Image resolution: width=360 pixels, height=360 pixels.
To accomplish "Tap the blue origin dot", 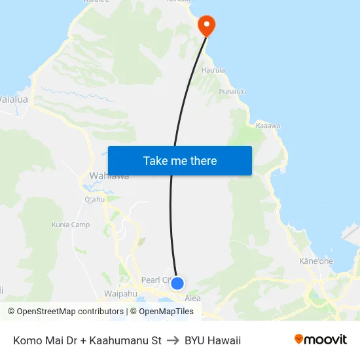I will (x=177, y=283).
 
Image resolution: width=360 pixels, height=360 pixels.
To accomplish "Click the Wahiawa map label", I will (x=109, y=176).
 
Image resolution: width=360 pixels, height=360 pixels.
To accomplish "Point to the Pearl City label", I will (x=156, y=279).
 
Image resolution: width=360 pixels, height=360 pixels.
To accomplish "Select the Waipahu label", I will (x=120, y=294).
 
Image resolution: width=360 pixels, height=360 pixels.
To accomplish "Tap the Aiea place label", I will (x=192, y=298).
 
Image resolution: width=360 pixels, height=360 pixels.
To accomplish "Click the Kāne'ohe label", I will (x=315, y=261).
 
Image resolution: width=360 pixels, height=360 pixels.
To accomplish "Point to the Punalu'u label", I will (x=232, y=92).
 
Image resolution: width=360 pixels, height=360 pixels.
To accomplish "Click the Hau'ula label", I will (x=213, y=70).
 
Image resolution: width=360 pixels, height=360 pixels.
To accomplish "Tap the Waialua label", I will (x=13, y=99).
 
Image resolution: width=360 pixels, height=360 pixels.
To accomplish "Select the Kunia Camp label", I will (x=71, y=225).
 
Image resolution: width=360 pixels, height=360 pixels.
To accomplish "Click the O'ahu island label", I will (x=95, y=200).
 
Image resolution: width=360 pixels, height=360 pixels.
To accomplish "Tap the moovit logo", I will (x=320, y=340).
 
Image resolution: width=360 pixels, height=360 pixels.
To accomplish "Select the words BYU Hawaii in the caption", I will (x=213, y=340).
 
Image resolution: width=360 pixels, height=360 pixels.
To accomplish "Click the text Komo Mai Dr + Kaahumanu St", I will (x=87, y=340).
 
